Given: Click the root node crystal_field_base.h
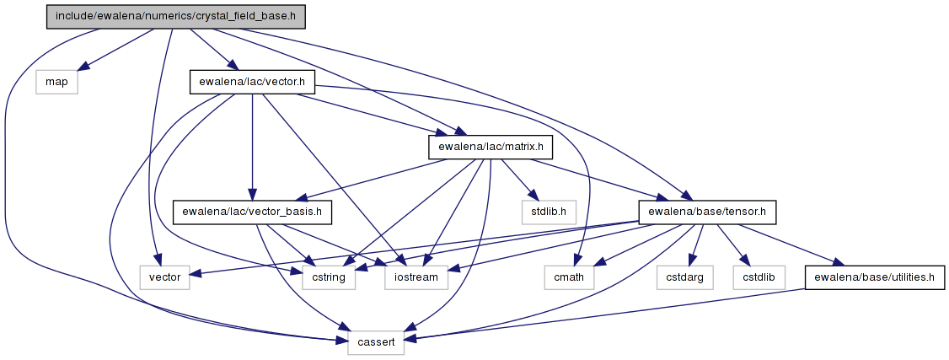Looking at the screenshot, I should (174, 16).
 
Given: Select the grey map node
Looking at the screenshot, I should (56, 82).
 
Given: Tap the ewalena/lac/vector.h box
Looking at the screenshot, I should (251, 82).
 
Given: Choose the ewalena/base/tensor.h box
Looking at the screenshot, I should (707, 212).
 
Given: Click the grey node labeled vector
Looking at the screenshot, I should (164, 277).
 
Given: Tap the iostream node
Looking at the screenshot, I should (417, 277).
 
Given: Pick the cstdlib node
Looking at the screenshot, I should (759, 277).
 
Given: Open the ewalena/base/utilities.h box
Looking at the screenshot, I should (873, 277).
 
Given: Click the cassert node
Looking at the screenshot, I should (376, 341).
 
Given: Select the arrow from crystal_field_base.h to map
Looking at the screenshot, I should (118, 48).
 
